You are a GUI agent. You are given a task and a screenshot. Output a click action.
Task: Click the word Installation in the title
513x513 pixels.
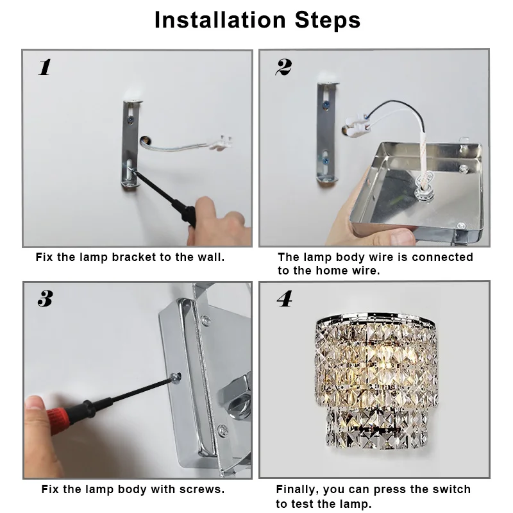point(220,20)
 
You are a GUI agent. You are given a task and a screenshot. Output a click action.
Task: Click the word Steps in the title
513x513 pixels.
point(328,20)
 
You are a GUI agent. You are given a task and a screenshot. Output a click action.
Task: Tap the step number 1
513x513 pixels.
point(45,67)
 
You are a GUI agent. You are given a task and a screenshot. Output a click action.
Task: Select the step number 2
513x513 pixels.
point(283,67)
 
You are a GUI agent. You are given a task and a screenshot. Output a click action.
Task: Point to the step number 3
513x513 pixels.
point(45,298)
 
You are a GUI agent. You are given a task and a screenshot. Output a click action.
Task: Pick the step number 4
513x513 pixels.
point(284,298)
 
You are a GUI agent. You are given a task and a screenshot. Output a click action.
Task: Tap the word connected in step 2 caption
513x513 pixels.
point(442,257)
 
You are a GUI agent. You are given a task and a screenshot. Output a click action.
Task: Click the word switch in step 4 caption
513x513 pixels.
point(451,489)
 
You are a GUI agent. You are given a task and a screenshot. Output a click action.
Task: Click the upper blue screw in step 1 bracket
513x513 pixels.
point(130,120)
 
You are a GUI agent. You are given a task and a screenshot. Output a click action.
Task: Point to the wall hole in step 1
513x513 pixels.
point(145,141)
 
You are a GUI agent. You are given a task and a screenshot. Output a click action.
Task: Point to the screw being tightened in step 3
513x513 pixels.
point(177,377)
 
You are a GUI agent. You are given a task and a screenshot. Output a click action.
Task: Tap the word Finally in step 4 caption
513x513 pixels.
point(297,490)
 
